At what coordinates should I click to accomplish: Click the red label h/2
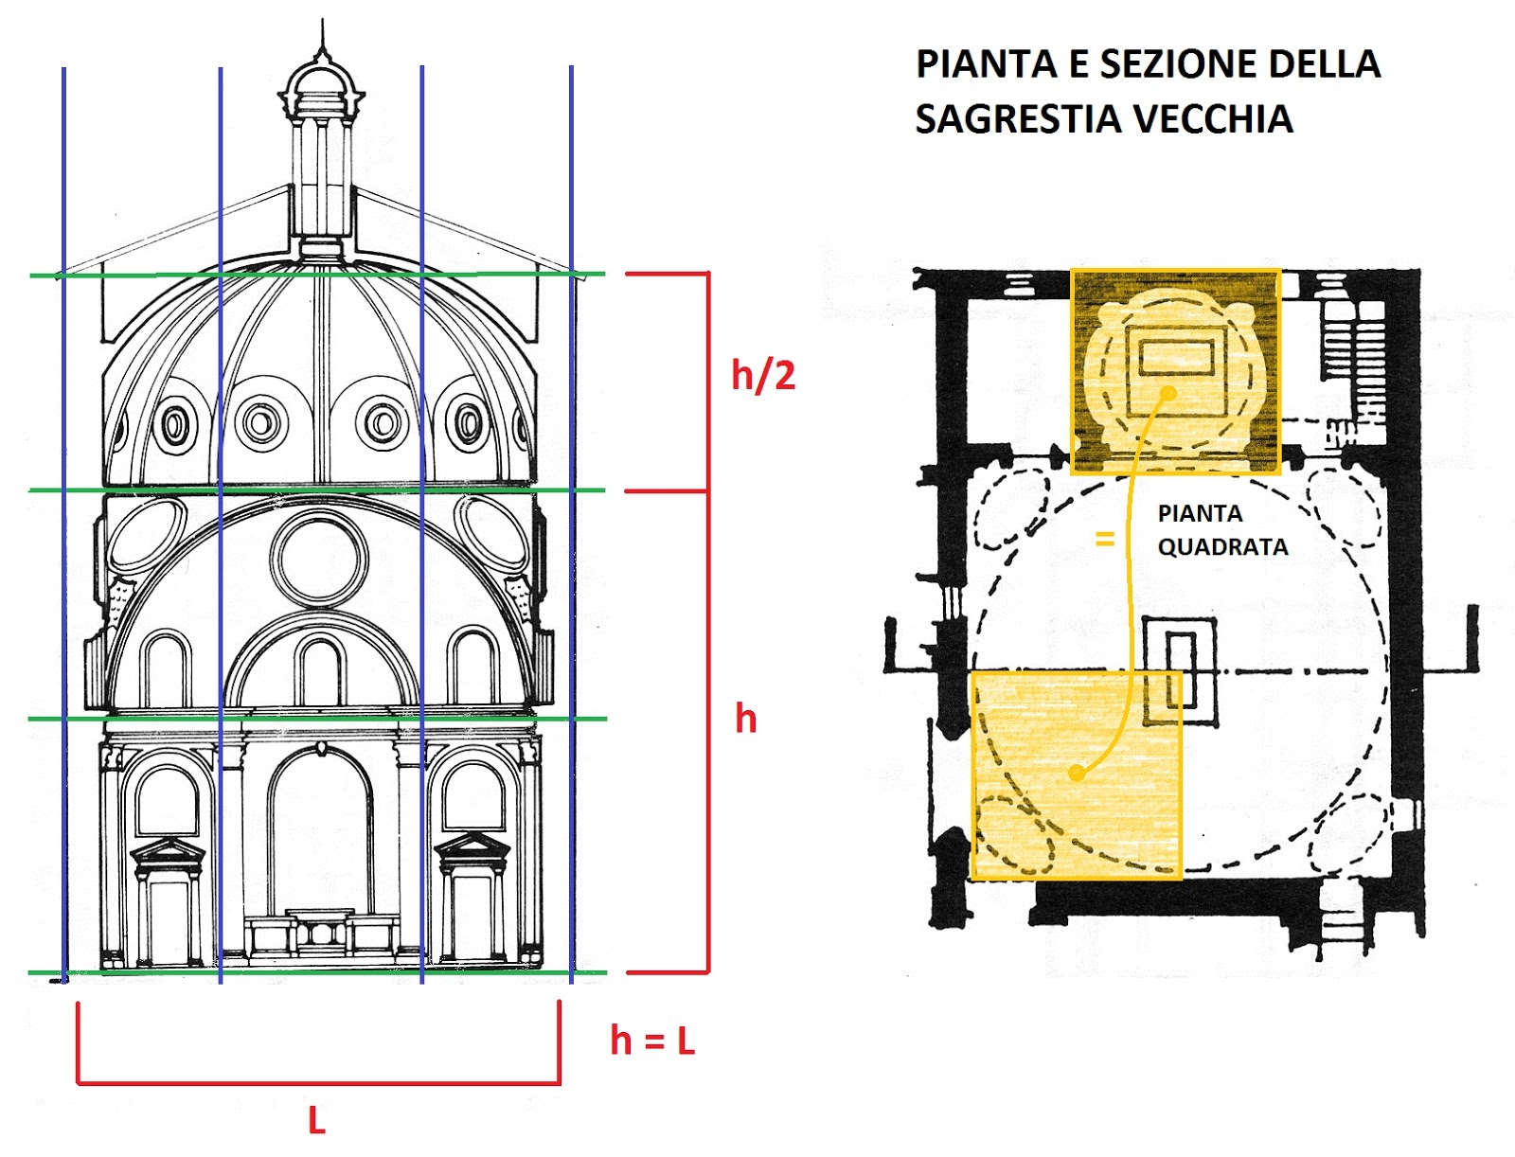click(x=763, y=376)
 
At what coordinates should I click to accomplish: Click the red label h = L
click(x=652, y=1041)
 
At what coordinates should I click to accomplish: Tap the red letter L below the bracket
click(x=316, y=1122)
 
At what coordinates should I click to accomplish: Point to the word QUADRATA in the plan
click(x=1222, y=547)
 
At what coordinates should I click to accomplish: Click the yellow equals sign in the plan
click(x=1104, y=539)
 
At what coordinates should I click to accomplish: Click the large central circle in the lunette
click(x=319, y=558)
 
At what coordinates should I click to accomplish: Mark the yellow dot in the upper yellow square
click(x=1168, y=393)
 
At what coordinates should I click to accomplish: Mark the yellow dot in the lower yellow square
click(x=1077, y=773)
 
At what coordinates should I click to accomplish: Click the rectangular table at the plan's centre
click(x=1180, y=671)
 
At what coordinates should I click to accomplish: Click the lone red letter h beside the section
click(x=746, y=720)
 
